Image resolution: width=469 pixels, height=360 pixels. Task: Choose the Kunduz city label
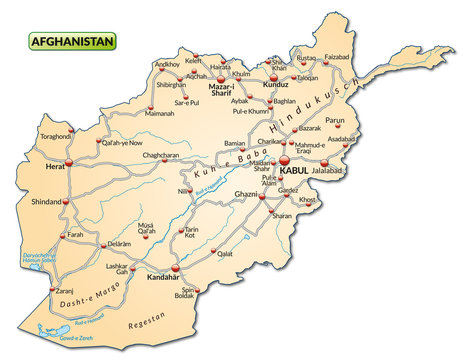pos(275,85)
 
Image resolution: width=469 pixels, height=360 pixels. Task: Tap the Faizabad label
pos(338,56)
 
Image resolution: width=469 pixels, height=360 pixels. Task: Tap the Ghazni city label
pos(245,193)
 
